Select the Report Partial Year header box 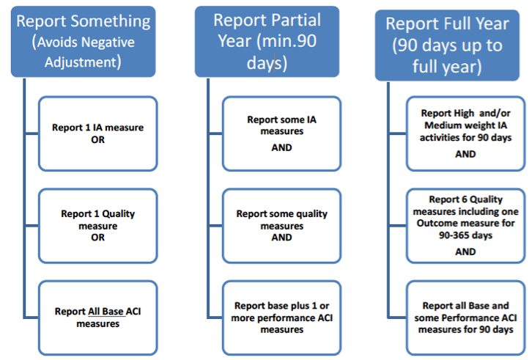(267, 41)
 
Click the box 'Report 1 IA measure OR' (97, 134)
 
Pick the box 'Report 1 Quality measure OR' (97, 226)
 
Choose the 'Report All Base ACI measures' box (97, 317)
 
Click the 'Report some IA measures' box (281, 136)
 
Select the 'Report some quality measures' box (281, 226)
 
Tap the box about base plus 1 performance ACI (281, 317)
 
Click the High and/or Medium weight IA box (465, 132)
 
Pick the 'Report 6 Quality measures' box (465, 226)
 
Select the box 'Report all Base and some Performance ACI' (465, 317)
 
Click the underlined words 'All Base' (105, 312)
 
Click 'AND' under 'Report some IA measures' (281, 147)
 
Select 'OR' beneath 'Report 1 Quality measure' (97, 238)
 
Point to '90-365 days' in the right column (465, 235)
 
